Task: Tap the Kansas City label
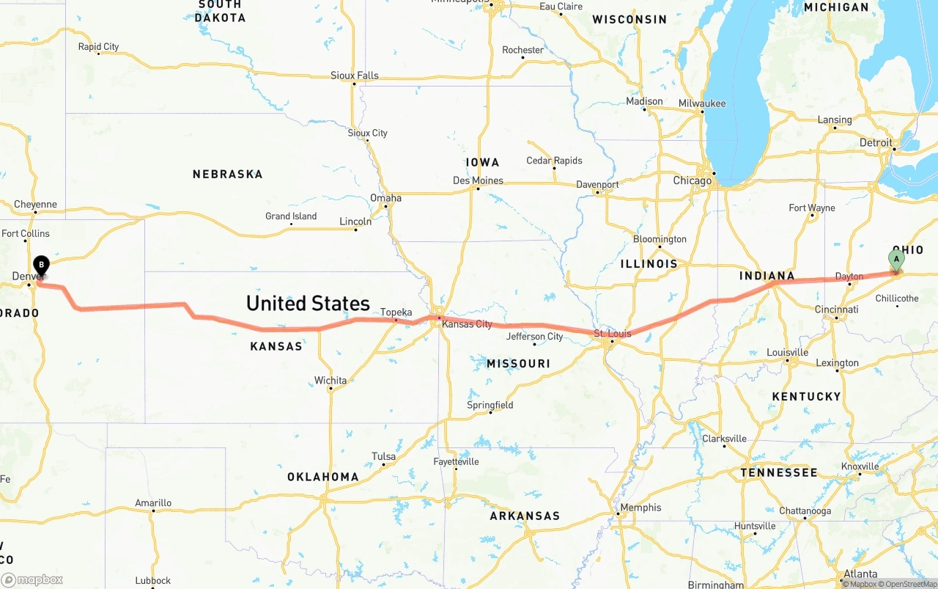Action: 467,324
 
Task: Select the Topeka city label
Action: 396,312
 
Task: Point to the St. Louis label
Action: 613,334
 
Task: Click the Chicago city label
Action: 692,180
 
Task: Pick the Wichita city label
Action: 330,381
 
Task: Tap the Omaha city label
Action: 385,198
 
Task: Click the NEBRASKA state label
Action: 227,175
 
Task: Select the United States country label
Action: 308,303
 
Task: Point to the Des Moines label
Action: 478,180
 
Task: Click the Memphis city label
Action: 640,508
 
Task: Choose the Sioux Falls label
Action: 355,76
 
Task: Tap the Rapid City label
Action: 98,47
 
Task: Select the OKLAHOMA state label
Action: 322,477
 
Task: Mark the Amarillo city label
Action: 153,503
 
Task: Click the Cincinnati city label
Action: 836,310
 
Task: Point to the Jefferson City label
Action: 535,337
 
